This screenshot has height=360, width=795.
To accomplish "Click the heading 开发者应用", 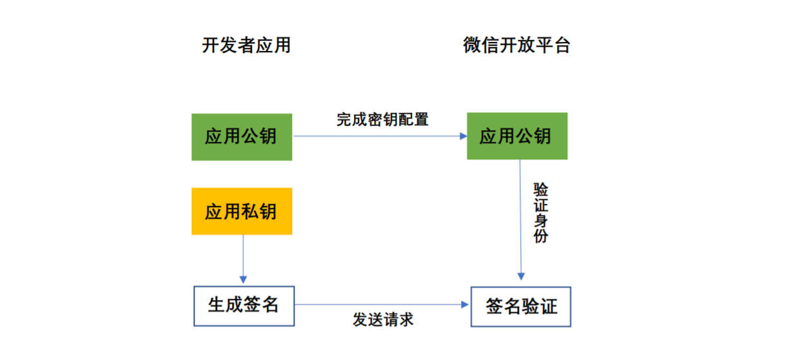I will coord(246,46).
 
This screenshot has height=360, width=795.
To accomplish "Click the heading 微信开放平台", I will coord(516,46).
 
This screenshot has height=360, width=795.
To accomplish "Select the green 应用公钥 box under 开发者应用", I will coord(242,137).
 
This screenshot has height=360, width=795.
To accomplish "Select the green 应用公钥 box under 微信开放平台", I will coord(517,136).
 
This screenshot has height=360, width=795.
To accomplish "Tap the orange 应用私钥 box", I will coord(242,211).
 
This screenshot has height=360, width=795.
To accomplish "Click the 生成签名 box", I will coord(244,305).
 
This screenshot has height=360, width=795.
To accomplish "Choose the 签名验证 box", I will coord(521,306).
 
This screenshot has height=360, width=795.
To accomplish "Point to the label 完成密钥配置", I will coord(382,119).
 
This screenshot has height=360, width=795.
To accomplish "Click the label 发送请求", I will coord(383,319).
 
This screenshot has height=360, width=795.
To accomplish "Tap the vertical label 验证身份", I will coord(540,213).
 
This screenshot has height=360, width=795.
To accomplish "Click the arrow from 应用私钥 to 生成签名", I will coord(243,258).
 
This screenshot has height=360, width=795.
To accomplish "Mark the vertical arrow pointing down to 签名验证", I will coord(520,219).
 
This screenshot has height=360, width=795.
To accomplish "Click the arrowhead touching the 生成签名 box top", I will coord(243,280).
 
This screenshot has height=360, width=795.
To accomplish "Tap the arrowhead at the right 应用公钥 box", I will coord(463,136).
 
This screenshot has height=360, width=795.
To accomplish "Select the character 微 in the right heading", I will coord(472,46).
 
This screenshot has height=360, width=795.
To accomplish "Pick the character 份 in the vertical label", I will coord(540,236).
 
